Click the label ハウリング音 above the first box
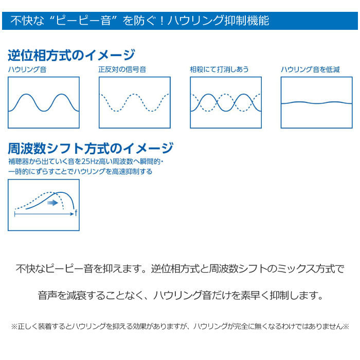(27, 69)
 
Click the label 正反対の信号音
(122, 69)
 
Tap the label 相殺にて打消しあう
(219, 69)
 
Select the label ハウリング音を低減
(310, 69)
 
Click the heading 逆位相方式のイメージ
(71, 56)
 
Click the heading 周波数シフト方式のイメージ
(91, 148)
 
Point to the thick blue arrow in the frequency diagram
(52, 203)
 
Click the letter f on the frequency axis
(76, 213)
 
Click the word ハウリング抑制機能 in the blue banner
(218, 21)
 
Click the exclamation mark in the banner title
(161, 21)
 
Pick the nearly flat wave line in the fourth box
(316, 103)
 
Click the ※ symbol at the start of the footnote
(14, 326)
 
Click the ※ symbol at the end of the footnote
(346, 326)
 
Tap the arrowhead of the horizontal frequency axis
(73, 214)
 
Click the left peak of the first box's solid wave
(26, 94)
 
